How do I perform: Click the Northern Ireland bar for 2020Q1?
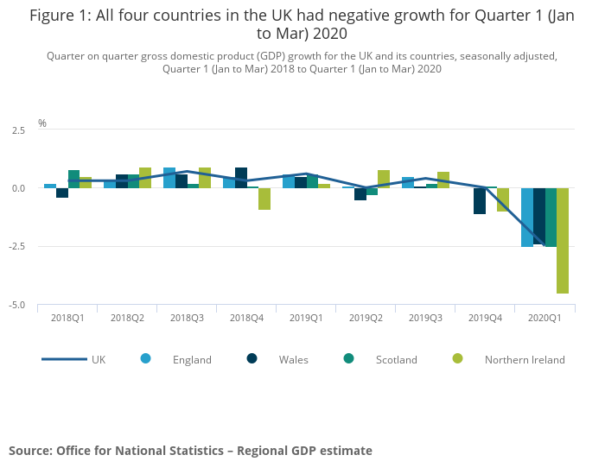pos(563,241)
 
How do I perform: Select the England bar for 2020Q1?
pos(526,218)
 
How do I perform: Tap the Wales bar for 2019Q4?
pos(479,201)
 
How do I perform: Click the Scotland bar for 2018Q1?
pos(73,180)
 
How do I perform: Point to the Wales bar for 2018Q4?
pos(240,178)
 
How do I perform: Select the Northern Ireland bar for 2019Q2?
pos(384,180)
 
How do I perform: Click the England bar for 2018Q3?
pos(169,178)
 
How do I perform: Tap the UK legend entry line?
pos(64,359)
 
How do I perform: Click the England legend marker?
pos(146,359)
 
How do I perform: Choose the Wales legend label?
pos(293,360)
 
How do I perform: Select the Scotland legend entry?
pos(396,360)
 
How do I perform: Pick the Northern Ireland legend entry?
pos(525,360)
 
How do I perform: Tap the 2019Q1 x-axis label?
pos(306,318)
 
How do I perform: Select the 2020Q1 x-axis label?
pos(544,318)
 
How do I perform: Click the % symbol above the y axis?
pos(41,123)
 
